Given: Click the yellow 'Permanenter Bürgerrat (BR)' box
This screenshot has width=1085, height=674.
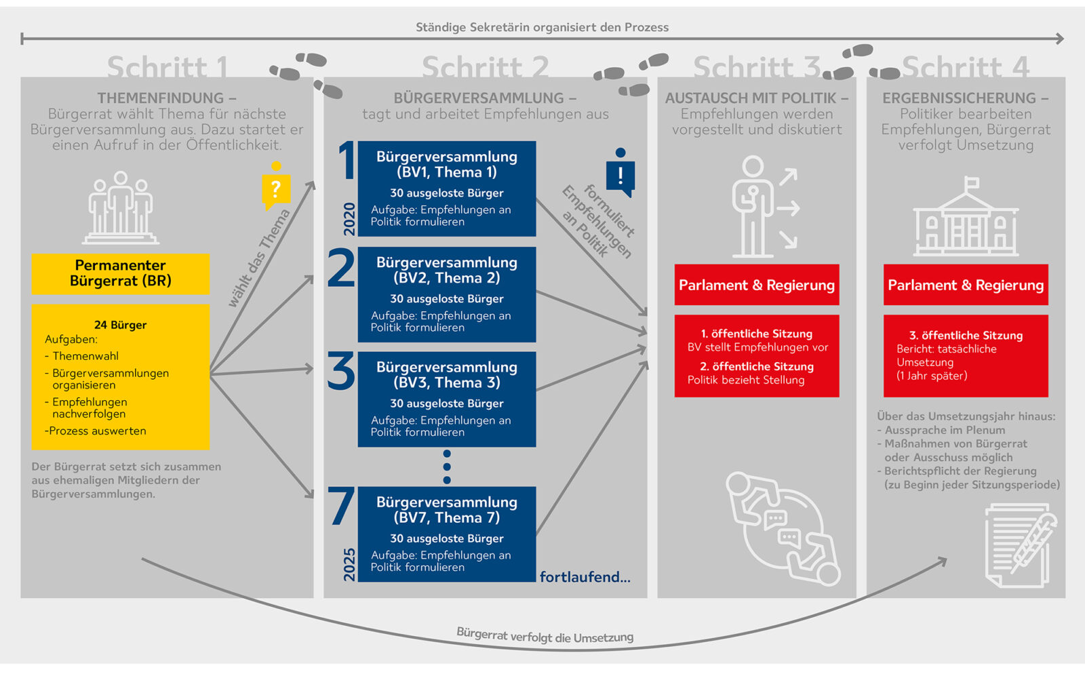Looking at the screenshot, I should [x=121, y=273].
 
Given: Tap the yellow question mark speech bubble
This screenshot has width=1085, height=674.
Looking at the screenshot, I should [x=276, y=189].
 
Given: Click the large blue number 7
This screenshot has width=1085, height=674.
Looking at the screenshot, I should [x=341, y=507].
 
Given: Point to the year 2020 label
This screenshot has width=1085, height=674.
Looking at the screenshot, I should [x=349, y=219].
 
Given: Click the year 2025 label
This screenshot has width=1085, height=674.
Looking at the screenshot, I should [x=349, y=564].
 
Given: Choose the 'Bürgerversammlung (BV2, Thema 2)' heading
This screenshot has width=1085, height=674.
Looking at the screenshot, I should [x=446, y=270].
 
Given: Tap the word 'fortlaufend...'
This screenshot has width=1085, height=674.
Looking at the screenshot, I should [x=585, y=577].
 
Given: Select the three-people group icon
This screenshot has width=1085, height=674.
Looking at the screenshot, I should [x=121, y=207].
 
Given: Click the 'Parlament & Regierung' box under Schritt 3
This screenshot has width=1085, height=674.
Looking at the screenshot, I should [x=757, y=285].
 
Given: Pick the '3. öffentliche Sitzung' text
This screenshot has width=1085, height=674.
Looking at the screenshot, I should [x=966, y=335].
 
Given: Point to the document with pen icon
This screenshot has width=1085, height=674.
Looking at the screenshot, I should [x=1020, y=545].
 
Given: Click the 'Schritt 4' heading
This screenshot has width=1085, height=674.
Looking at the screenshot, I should [x=965, y=67].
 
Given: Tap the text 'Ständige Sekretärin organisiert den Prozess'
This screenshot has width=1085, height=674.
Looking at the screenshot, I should [x=542, y=27].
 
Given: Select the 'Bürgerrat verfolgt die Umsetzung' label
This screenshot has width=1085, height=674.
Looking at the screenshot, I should [x=545, y=635].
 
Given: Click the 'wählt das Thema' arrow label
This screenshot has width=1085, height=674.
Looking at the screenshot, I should [x=259, y=258].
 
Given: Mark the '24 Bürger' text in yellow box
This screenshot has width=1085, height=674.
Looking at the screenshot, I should [x=120, y=325].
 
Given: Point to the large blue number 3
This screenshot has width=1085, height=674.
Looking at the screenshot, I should [x=340, y=372].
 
